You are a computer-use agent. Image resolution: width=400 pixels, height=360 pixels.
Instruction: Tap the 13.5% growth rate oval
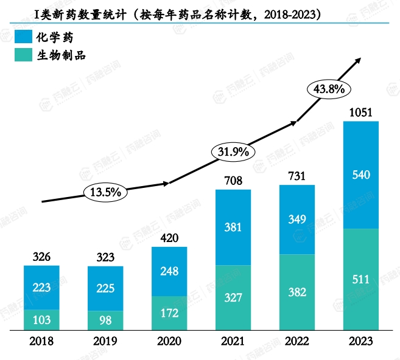point(106,192)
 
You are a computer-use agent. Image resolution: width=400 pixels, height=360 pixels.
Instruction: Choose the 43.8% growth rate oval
point(329,89)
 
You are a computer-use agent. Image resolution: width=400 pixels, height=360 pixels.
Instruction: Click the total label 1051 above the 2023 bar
point(361,112)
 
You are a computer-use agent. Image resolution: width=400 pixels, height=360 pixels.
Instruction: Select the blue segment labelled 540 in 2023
point(361,175)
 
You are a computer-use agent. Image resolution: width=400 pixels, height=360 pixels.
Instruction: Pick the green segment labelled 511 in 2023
point(361,280)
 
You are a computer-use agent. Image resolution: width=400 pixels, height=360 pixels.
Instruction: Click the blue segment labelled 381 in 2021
point(233,227)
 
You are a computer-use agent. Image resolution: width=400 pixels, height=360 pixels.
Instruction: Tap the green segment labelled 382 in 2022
point(297,292)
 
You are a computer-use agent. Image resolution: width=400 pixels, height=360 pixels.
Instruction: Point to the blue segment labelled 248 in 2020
point(169,271)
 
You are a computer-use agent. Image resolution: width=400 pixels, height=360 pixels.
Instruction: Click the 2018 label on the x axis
point(41,342)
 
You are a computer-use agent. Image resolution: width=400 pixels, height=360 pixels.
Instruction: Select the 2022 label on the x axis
point(297,342)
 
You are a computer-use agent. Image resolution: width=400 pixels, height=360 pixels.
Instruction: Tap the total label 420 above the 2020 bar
point(169,238)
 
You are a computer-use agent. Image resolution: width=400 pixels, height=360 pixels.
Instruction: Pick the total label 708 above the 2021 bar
point(233,181)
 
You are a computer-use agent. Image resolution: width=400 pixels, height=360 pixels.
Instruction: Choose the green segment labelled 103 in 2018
point(41,320)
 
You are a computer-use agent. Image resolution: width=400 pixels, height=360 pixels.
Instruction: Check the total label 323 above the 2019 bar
point(105,257)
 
